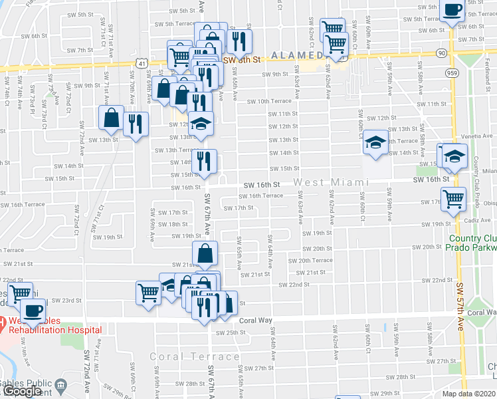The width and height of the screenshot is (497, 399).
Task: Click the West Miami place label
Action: (x=331, y=182)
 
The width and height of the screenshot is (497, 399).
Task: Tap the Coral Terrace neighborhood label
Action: (x=194, y=356)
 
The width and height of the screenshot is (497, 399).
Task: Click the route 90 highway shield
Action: (x=441, y=53)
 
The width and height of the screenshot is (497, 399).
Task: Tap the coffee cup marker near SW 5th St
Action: (x=452, y=10)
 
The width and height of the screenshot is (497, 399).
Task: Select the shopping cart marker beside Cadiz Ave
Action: (x=453, y=198)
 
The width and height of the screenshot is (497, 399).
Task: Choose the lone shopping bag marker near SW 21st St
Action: (x=205, y=253)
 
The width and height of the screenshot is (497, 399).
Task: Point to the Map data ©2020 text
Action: (x=469, y=394)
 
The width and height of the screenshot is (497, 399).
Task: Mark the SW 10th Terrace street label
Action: (x=269, y=101)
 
